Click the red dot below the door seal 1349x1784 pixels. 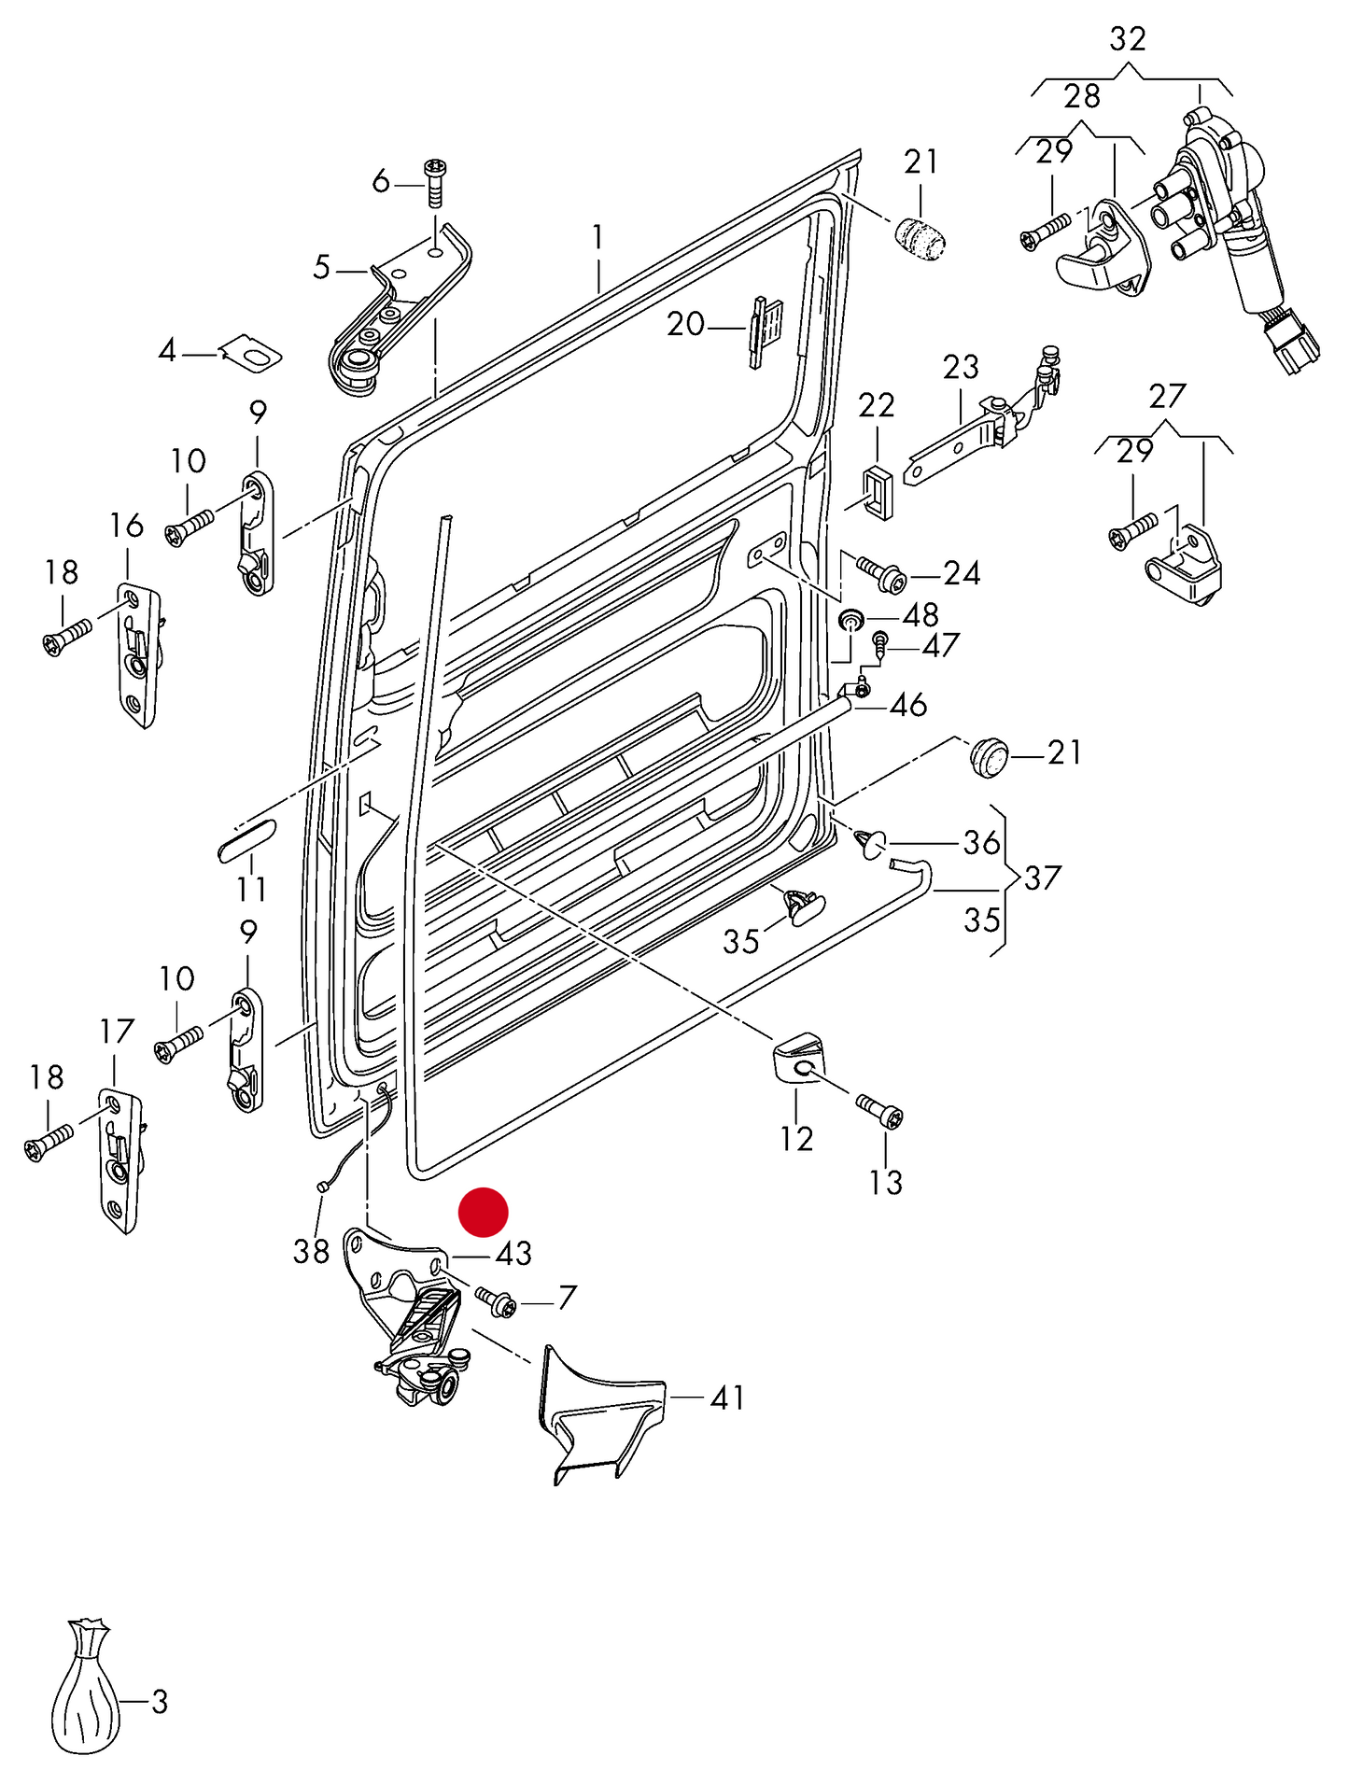tap(483, 1212)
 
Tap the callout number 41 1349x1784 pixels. tap(727, 1398)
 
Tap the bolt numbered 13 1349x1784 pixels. tap(880, 1112)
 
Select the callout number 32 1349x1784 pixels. tap(1127, 39)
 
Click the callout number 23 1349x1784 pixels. tap(960, 367)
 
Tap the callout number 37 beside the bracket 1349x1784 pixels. tap(1042, 878)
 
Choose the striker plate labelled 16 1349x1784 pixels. tap(138, 653)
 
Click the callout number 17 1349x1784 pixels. tap(117, 1032)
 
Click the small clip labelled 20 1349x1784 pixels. tap(763, 330)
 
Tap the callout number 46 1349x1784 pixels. tap(907, 705)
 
